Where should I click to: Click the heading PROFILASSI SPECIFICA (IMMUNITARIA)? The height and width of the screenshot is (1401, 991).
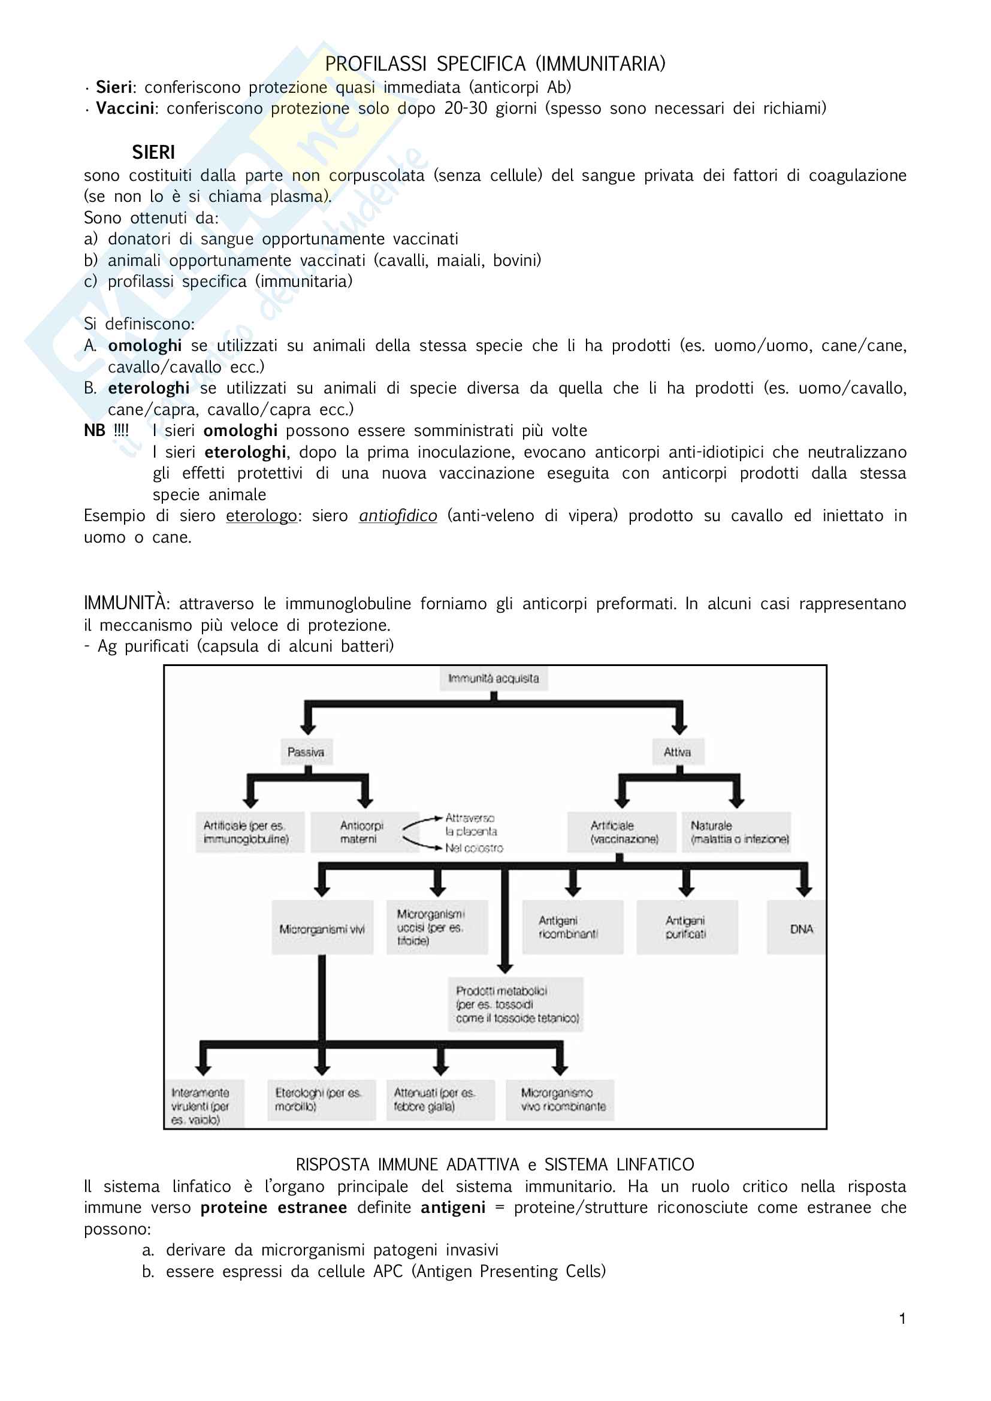point(495,63)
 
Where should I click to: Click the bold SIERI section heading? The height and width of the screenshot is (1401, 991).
point(153,152)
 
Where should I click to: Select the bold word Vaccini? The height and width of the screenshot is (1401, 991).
point(125,108)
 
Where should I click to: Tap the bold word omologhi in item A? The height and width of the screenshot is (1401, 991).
point(144,346)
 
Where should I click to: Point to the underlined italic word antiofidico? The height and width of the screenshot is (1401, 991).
point(398,516)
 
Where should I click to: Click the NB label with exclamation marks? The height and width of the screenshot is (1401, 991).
point(106,430)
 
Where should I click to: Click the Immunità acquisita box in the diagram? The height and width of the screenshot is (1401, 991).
point(493,679)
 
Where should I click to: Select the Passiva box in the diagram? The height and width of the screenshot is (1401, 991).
point(306,752)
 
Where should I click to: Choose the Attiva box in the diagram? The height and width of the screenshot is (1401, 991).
point(678,752)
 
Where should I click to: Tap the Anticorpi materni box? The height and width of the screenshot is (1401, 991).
point(362,833)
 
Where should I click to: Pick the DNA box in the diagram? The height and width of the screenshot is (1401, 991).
point(800,929)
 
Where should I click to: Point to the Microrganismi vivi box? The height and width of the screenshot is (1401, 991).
point(322,929)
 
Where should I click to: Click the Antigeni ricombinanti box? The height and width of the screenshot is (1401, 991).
point(571,927)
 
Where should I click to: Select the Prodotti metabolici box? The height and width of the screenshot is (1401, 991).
point(516,1004)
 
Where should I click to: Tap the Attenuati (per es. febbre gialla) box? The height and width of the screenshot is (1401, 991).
point(438,1100)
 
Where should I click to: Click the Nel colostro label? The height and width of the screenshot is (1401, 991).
point(474,848)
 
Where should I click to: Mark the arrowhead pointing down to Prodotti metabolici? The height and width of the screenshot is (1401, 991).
point(504,968)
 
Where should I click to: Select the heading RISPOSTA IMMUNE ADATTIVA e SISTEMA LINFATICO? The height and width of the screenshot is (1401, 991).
point(495,1165)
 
